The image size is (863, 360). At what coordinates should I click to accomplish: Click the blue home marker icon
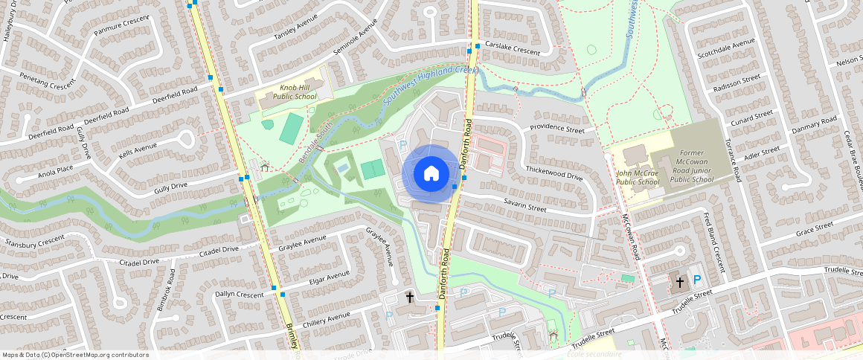click(x=431, y=173)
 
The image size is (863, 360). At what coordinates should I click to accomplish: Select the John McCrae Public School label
click(x=638, y=178)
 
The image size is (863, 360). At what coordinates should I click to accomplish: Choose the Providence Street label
click(x=556, y=129)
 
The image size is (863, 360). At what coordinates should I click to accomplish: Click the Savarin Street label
click(x=524, y=205)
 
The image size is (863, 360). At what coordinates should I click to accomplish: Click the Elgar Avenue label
click(x=328, y=279)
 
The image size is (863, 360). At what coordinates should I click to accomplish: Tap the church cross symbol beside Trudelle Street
click(x=679, y=282)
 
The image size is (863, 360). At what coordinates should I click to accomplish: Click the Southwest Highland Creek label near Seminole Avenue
click(x=430, y=88)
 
